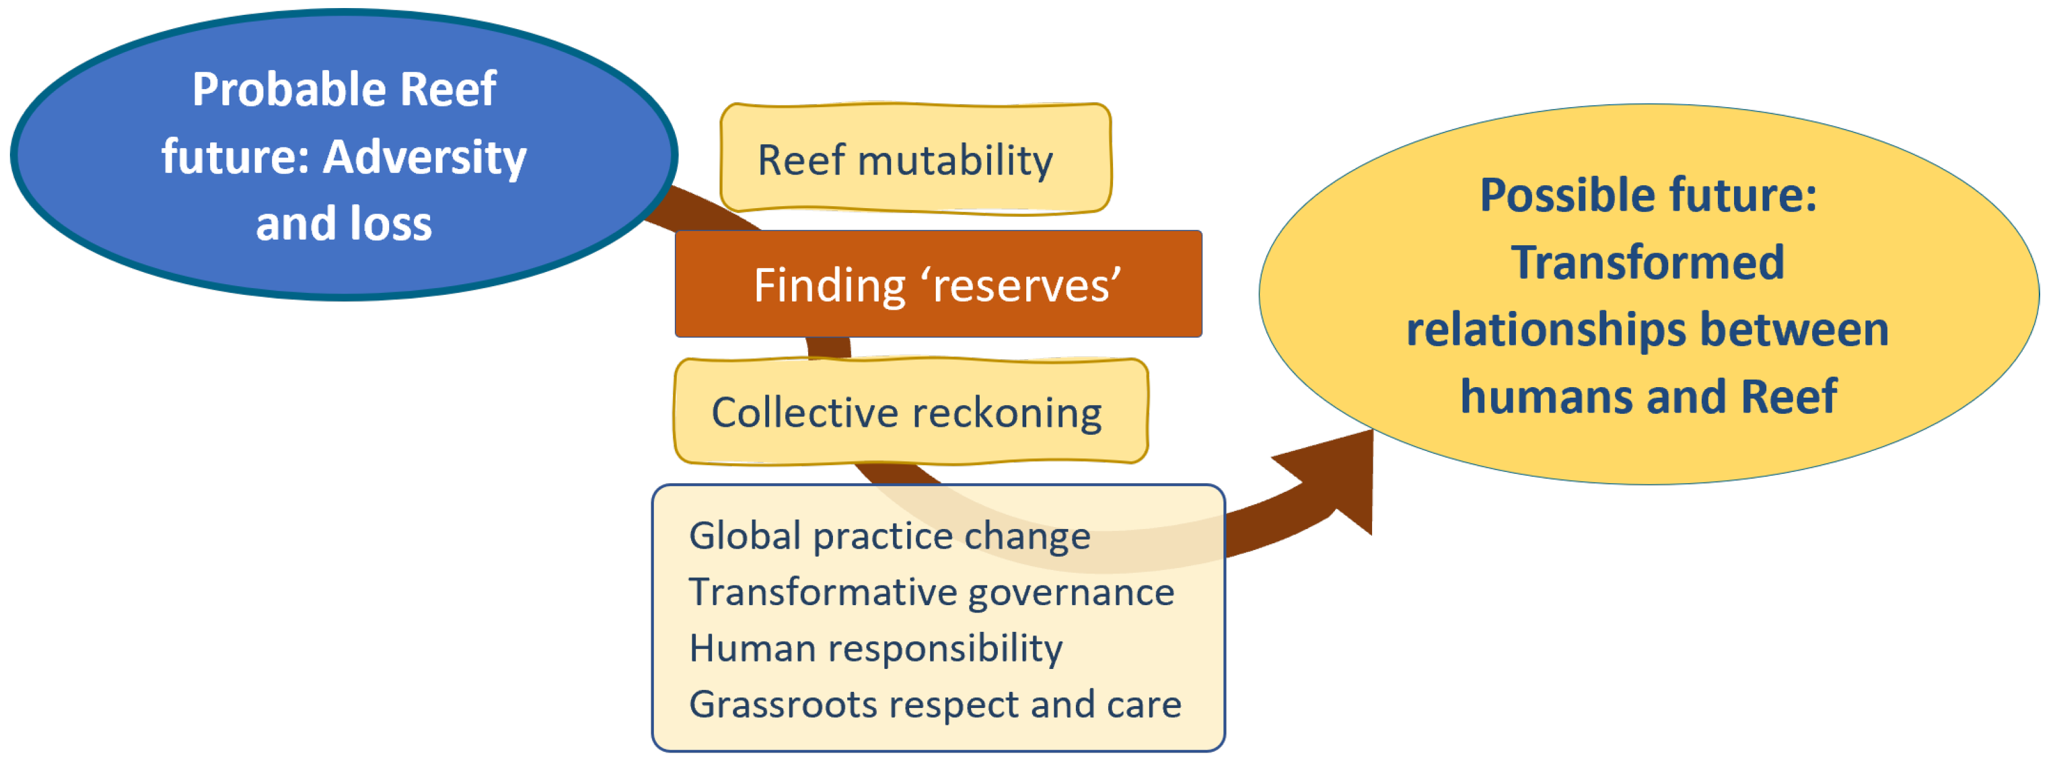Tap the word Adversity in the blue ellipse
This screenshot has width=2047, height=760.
point(425,157)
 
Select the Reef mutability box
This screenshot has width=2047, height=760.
point(915,159)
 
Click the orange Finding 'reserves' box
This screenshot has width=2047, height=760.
point(938,284)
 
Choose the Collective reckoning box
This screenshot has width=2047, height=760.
point(910,412)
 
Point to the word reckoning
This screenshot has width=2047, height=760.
point(1007,414)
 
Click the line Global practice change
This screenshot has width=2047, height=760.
point(889,536)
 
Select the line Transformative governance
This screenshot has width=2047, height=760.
point(931,592)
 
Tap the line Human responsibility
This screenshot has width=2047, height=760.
point(876,649)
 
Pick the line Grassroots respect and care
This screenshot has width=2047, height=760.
point(935,704)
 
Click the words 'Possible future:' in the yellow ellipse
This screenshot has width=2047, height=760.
point(1648,195)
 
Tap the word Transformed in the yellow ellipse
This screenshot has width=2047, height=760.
point(1647,263)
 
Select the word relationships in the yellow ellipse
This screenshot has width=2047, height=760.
point(1546,330)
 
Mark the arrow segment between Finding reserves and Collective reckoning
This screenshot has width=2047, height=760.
point(829,348)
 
